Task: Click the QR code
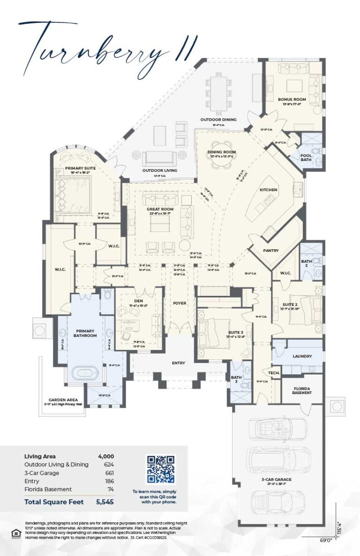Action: tap(161, 469)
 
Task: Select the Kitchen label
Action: tap(269, 190)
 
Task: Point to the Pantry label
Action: tap(270, 251)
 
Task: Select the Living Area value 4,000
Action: tap(105, 456)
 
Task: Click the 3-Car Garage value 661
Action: tap(109, 473)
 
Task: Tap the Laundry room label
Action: tap(302, 356)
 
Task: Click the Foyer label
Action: tap(179, 303)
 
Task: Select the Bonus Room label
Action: tap(292, 99)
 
